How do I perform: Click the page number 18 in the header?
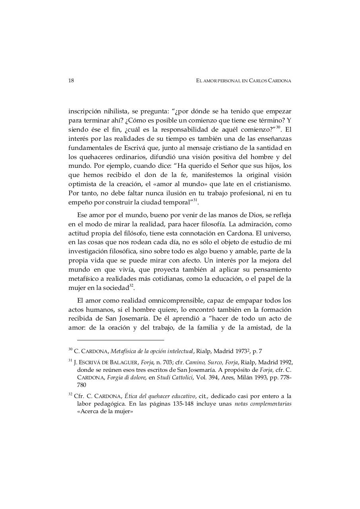[x=71, y=81]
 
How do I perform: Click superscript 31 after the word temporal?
[x=195, y=200]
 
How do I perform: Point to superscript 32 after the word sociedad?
[x=131, y=286]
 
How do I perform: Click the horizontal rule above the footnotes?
[x=120, y=340]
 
